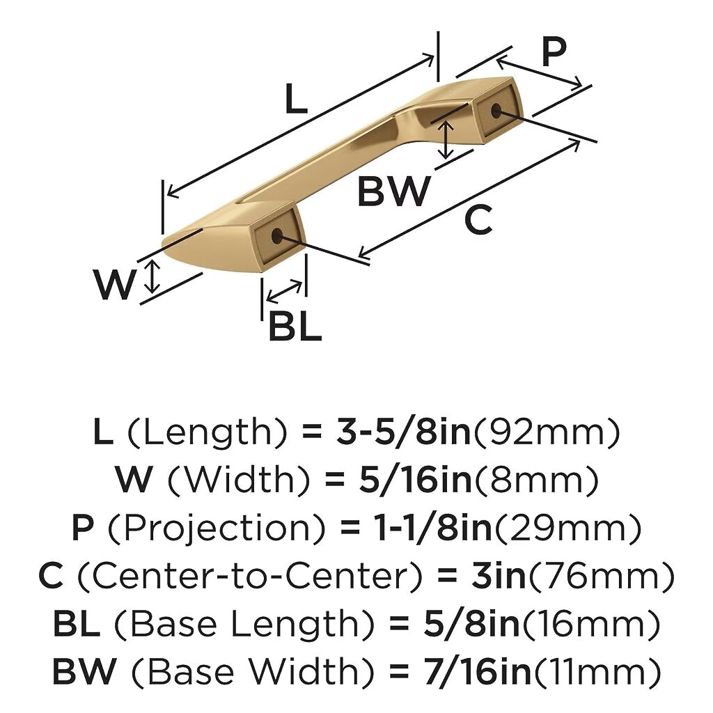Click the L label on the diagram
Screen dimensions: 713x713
[296, 99]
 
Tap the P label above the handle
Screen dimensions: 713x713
[554, 52]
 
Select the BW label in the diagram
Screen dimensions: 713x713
[394, 191]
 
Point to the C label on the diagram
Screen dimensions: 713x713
[478, 219]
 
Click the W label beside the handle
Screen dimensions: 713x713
[115, 284]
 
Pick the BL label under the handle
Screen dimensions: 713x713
[295, 326]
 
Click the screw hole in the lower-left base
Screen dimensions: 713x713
[276, 235]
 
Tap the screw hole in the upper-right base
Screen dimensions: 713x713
[496, 110]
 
